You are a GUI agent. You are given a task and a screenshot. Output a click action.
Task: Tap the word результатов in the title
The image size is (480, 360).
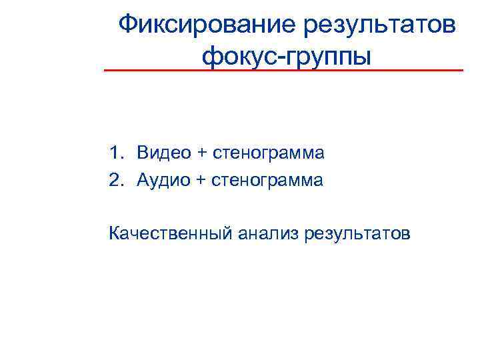380,26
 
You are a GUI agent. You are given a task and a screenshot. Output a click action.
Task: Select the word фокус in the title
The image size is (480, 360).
238,56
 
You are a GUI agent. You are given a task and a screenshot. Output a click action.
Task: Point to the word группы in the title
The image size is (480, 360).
329,56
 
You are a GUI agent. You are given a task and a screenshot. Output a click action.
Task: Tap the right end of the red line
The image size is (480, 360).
462,70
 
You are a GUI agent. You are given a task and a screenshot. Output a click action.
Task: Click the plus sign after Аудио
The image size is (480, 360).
202,181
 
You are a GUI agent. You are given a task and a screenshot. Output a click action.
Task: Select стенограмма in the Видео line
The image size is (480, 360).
269,154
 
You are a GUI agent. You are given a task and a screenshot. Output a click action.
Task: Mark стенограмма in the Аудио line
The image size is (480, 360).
268,181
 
